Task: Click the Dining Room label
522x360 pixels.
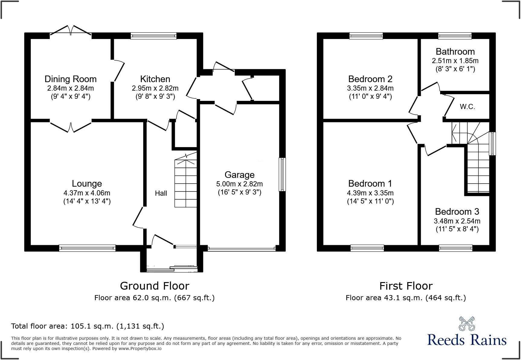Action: coord(70,79)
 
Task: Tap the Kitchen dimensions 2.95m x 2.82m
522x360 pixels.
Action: coord(155,88)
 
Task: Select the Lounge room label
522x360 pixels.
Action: coord(87,184)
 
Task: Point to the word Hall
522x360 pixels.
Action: coord(161,193)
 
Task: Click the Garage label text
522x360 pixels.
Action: coord(239,175)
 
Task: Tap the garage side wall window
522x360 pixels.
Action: coord(282,174)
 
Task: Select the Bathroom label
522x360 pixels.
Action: coord(455,52)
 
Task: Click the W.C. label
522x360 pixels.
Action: coord(467,107)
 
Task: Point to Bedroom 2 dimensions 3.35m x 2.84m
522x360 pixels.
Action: coord(370,88)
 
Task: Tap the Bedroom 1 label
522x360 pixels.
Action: coord(370,184)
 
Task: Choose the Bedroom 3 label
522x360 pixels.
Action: coord(457,212)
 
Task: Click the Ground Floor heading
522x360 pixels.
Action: coord(154,286)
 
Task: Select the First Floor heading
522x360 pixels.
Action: coord(406,286)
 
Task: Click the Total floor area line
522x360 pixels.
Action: coord(88,326)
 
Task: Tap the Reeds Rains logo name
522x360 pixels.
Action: coord(467,340)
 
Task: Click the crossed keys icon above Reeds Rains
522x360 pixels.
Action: coord(467,323)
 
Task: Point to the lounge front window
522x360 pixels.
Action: coord(87,248)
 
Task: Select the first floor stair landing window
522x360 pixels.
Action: coord(492,143)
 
